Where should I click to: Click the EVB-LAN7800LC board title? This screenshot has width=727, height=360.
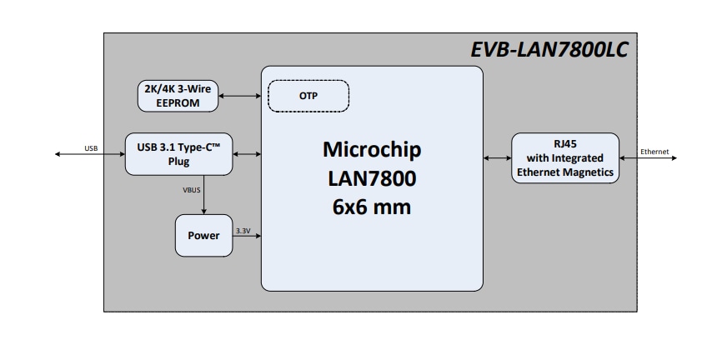pos(549,50)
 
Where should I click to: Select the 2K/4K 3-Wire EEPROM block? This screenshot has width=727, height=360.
pos(178,96)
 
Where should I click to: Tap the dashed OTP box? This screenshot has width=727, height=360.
pos(308,96)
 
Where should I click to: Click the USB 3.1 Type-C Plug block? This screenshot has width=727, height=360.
pos(178,154)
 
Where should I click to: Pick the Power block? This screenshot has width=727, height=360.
pos(203,235)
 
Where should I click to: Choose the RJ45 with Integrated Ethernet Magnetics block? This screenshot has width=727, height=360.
pos(565,157)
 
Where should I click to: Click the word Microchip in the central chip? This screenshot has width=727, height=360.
pos(372,150)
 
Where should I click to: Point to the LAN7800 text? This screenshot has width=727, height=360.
pos(372,178)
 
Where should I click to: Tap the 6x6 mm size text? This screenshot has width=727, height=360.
pos(372,207)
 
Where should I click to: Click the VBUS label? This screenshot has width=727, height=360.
pos(192,190)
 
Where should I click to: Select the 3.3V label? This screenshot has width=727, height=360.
pos(243,230)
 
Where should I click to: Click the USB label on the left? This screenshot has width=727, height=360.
pos(91,148)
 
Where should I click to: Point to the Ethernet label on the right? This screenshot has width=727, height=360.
pos(654,152)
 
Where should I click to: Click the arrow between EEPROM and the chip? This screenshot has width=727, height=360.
pos(240,96)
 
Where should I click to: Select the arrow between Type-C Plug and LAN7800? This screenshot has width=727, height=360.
pos(247,154)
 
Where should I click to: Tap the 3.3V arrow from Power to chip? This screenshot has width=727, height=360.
pos(247,237)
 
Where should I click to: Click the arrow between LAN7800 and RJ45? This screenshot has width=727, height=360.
pos(497,157)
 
